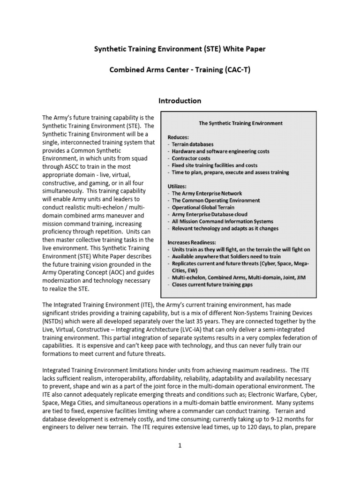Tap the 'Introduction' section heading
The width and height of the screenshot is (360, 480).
(x=180, y=101)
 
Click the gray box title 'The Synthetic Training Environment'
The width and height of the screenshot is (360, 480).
(x=241, y=123)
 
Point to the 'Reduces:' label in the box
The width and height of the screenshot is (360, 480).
(x=179, y=137)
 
